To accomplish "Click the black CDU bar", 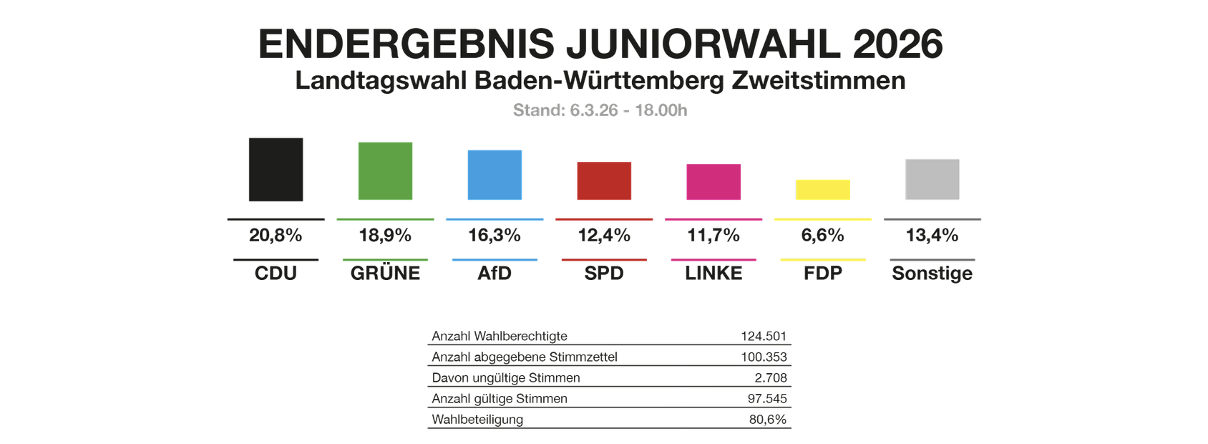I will coord(276,170).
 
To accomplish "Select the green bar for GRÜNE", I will coord(385,171).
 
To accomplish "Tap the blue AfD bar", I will coord(495,175).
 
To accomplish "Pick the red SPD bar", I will coord(604,180).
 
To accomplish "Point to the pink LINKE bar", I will coord(713,182).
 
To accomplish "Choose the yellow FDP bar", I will coord(823,190).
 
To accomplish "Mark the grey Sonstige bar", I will coord(932,179).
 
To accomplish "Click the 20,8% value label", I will coord(276,236).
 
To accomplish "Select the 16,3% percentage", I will coord(495,236).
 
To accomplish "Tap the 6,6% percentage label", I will coord(823,236).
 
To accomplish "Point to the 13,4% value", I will coord(932,236).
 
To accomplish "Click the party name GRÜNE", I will coord(385,274).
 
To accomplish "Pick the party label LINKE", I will coord(713,274).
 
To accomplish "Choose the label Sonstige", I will coord(932,274).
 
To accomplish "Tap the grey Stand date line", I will coord(600,110).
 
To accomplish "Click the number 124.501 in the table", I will coord(764,336).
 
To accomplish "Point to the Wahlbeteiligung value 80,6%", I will coord(768,420).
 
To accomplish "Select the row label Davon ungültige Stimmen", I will coord(506,377).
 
